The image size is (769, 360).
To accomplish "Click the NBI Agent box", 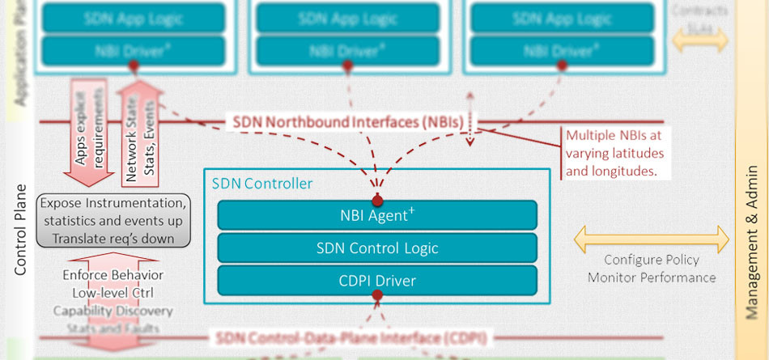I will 376,215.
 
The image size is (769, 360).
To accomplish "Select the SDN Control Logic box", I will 376,248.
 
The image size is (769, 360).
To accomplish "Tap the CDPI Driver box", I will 376,281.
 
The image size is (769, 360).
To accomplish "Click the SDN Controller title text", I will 261,184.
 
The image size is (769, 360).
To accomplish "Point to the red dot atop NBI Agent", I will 376,200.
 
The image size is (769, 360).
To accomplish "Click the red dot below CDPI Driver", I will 376,297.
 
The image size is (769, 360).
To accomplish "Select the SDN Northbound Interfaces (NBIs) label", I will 348,122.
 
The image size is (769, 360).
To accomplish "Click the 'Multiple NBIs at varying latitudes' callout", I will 614,153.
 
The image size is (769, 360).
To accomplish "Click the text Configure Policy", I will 652,260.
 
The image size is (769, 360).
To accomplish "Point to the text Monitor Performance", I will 652,277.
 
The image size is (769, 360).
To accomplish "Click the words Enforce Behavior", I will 113,275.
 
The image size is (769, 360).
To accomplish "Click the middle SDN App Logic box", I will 349,17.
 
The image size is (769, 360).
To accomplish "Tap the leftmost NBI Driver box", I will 134,50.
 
